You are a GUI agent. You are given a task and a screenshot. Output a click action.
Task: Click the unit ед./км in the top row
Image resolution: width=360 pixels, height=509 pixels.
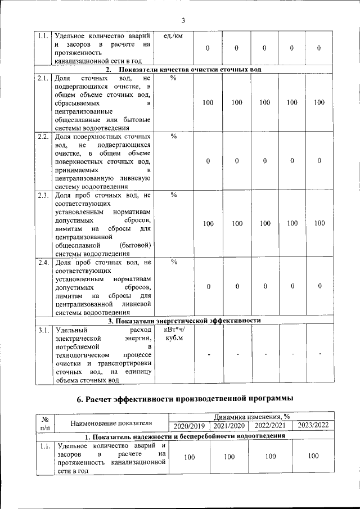point(172,37)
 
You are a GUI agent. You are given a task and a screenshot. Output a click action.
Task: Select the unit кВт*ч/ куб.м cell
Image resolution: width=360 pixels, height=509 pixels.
point(173,334)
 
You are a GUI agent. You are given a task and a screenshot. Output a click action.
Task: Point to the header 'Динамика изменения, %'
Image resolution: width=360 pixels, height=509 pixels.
point(251,417)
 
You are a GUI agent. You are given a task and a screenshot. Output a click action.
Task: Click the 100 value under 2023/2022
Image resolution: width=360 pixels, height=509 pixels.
point(313,456)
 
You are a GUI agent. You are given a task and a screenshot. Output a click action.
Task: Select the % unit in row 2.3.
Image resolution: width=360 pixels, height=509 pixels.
point(173,195)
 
